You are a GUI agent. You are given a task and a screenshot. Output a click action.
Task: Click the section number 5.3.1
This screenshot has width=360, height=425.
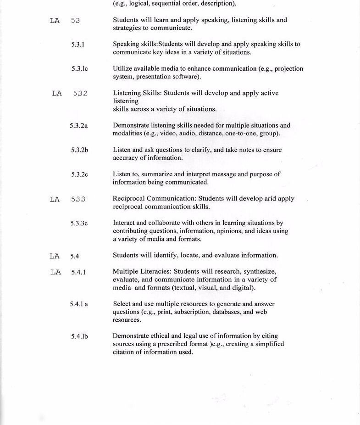(78, 45)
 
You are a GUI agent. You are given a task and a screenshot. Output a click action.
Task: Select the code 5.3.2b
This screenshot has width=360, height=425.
(79, 150)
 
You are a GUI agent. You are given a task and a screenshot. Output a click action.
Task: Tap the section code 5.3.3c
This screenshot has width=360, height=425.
(79, 224)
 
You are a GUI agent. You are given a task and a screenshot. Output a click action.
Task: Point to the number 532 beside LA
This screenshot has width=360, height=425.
(80, 94)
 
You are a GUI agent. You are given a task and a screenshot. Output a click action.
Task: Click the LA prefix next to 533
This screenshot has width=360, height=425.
(55, 199)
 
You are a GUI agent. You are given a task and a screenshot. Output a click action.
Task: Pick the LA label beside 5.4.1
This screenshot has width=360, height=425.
(55, 272)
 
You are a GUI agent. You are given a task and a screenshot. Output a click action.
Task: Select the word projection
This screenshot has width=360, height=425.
(288, 69)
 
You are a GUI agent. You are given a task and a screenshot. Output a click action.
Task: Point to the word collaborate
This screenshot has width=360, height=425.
(167, 223)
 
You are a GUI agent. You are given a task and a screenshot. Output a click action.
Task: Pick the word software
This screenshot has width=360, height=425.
(188, 77)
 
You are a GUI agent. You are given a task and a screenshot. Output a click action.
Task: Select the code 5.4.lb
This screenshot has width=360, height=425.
(79, 336)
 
